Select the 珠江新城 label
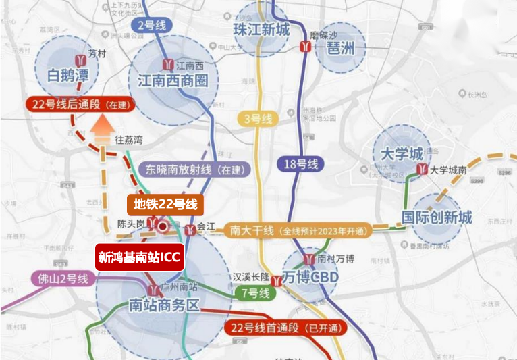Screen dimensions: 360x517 (x=261, y=30)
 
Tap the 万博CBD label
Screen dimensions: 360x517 (x=310, y=277)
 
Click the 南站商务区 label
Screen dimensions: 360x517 (x=165, y=305)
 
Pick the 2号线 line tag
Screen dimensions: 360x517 (x=153, y=26)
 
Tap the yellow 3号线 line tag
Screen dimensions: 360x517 (x=257, y=120)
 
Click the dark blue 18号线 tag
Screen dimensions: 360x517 (x=300, y=163)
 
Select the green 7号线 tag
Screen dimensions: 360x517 (x=256, y=293)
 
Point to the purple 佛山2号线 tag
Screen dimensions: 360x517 (x=60, y=278)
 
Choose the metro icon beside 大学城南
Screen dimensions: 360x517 (x=423, y=170)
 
